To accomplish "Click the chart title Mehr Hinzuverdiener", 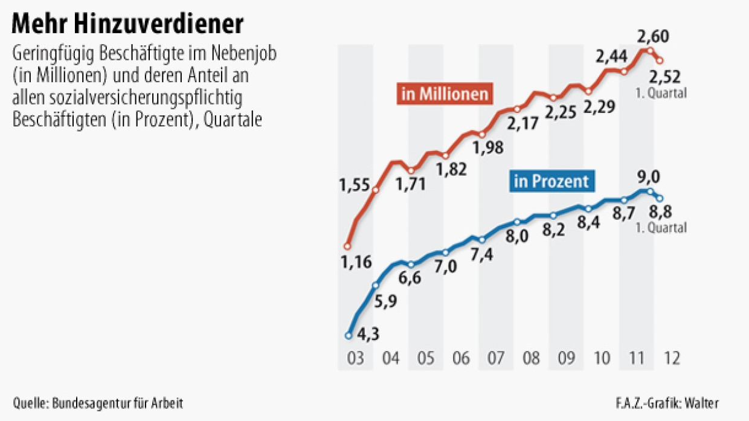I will click(x=128, y=24).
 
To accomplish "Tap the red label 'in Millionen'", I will click(x=444, y=95).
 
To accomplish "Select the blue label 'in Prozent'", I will click(x=551, y=181).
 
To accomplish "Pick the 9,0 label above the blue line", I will click(x=648, y=177).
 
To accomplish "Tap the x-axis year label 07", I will click(x=496, y=358).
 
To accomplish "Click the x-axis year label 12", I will click(x=671, y=358).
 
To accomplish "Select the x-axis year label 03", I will click(x=356, y=358).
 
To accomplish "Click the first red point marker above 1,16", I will click(x=347, y=246).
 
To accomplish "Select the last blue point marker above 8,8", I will click(x=660, y=198).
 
